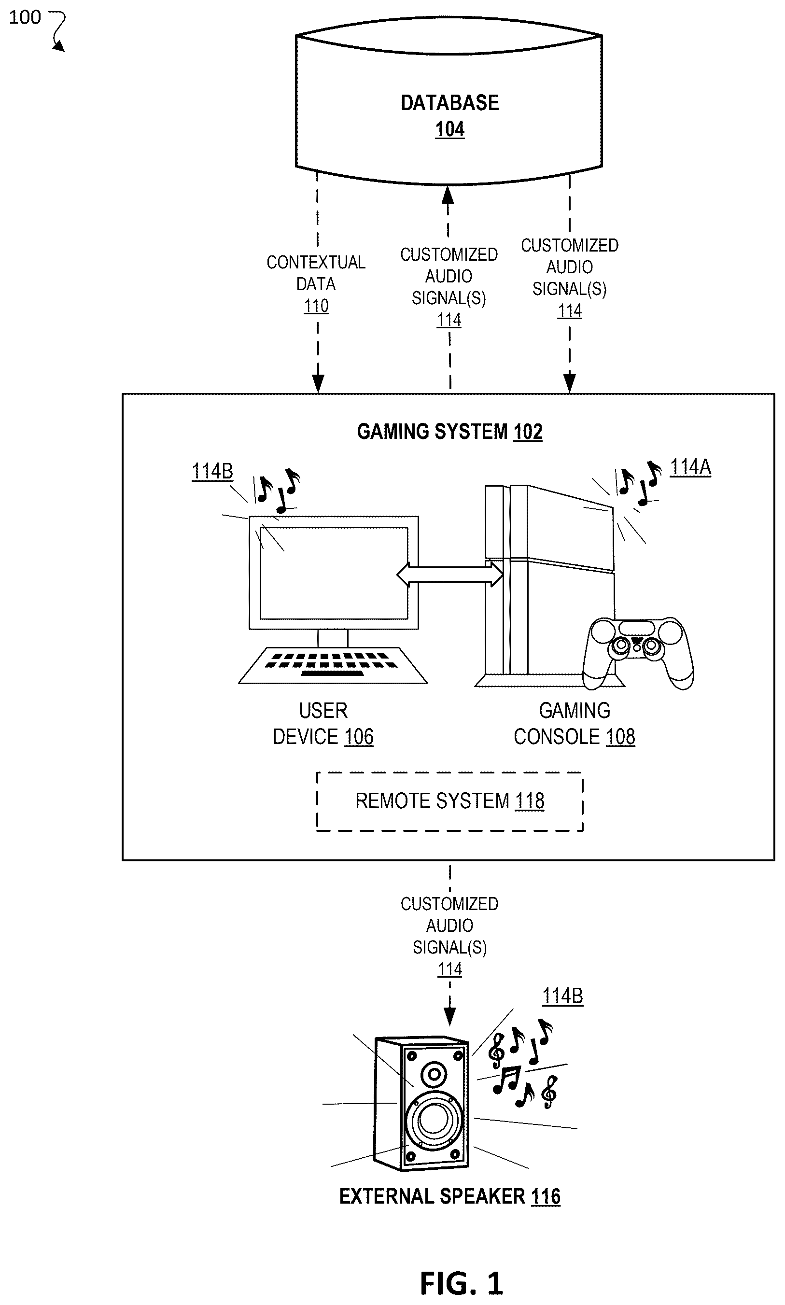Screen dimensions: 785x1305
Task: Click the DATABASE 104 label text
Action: (449, 116)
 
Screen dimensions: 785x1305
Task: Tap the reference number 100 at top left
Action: (25, 17)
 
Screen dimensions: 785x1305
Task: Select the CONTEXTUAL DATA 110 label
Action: (316, 284)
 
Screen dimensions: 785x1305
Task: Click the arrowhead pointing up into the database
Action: (448, 195)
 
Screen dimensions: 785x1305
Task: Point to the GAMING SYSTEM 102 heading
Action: (449, 432)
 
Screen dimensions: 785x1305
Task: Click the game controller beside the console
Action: (638, 653)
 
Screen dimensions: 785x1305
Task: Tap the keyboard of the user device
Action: (333, 665)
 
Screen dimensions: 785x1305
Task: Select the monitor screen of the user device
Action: (334, 573)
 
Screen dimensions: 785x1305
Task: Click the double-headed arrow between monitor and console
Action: (449, 574)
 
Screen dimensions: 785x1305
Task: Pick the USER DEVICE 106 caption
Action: (323, 723)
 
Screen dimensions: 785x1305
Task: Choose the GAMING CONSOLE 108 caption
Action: (575, 723)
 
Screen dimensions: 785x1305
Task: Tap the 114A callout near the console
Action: (690, 468)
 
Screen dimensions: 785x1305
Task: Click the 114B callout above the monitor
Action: (212, 471)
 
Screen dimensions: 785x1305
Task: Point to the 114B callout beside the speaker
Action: (563, 996)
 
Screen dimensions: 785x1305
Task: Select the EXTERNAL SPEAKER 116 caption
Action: (449, 1196)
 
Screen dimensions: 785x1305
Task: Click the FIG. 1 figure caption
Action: (461, 1283)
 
